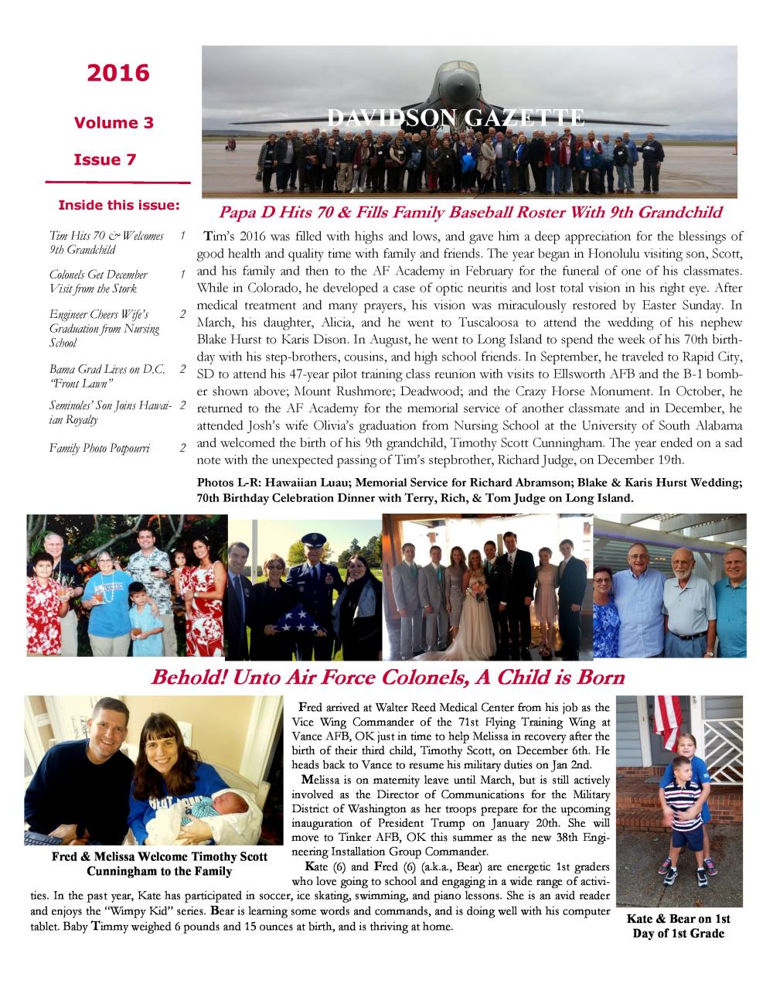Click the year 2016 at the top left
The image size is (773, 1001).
117,73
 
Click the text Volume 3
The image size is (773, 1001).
114,122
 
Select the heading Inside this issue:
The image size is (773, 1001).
119,206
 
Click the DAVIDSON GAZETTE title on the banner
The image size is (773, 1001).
455,118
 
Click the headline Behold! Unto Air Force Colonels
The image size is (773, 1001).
387,678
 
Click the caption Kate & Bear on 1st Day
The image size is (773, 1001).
679,926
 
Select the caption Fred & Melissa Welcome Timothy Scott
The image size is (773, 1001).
159,864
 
